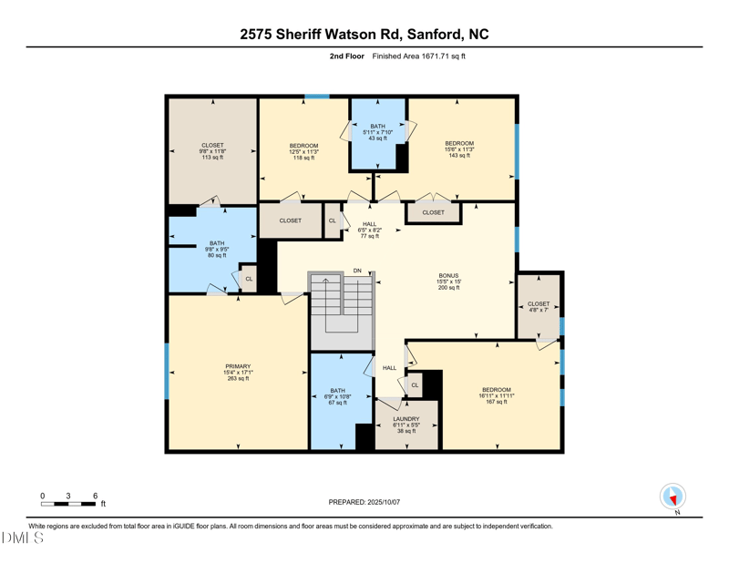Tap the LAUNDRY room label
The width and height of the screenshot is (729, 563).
point(406,425)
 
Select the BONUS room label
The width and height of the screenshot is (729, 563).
point(448,281)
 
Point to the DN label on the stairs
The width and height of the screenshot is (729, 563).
point(357,271)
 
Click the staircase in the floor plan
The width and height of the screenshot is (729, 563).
point(341,305)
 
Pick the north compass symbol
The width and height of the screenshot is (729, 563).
point(673,497)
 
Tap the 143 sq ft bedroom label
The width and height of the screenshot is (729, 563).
point(459,149)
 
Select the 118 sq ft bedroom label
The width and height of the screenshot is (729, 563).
point(303,151)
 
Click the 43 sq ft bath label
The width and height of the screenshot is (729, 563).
point(377,132)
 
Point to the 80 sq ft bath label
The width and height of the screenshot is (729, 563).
point(217,249)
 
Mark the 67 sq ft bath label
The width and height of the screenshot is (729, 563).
point(338,396)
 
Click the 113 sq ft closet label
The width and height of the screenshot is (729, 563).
point(212,151)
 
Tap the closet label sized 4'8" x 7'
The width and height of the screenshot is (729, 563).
point(539,307)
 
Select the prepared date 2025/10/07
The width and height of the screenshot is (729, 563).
point(364,502)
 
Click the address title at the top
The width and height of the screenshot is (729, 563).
point(364,34)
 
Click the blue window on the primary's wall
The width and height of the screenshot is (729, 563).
point(167,371)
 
